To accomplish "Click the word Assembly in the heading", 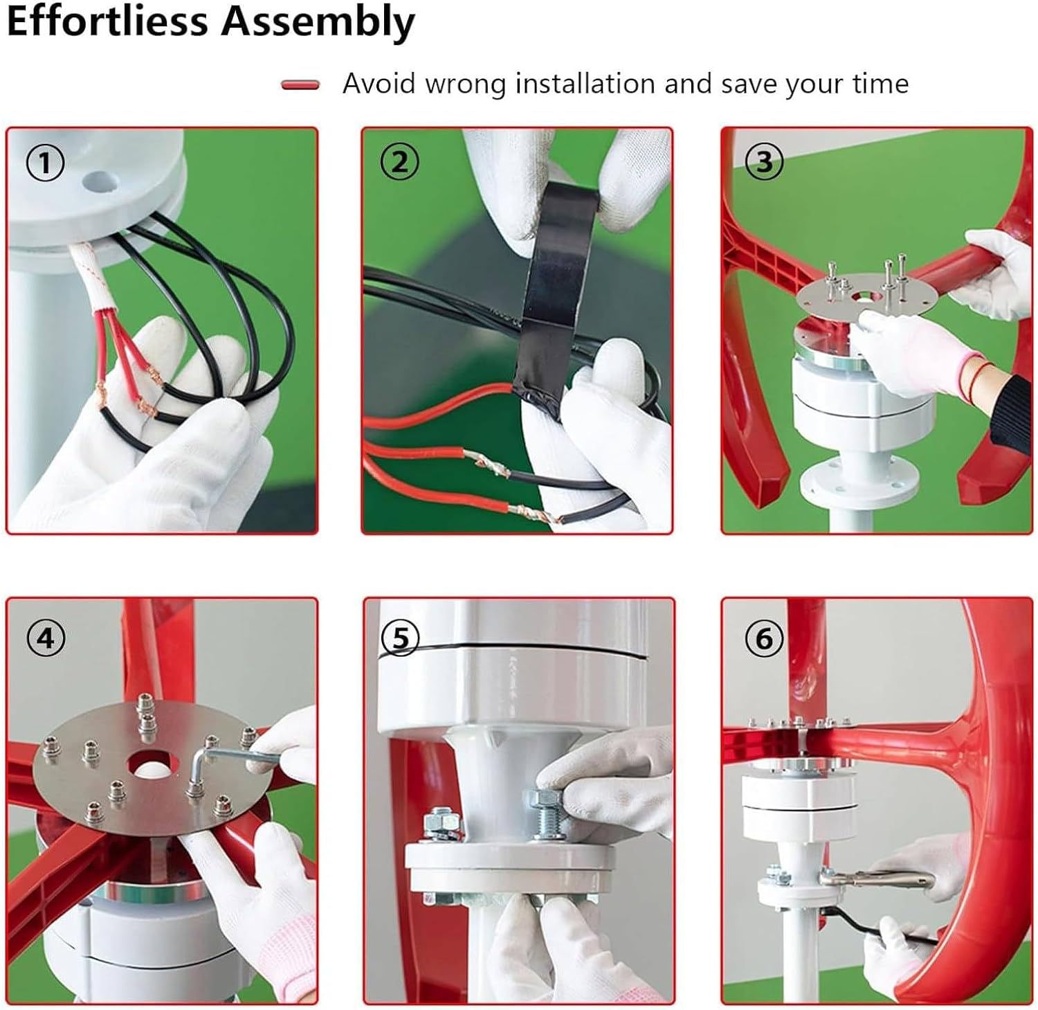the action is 318,22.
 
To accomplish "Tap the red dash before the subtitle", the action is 300,85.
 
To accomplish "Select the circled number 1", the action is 45,163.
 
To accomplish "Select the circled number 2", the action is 400,163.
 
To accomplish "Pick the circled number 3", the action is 764,162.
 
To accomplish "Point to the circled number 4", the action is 46,638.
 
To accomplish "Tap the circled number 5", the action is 400,638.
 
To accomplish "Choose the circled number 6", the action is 764,638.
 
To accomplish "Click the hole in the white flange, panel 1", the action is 100,181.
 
